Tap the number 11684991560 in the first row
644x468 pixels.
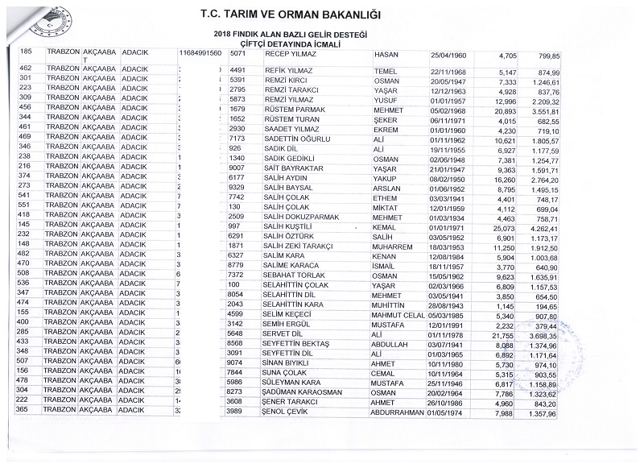(201, 55)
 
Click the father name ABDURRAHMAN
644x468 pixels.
(397, 412)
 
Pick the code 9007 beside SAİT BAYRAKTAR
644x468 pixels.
(237, 168)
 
